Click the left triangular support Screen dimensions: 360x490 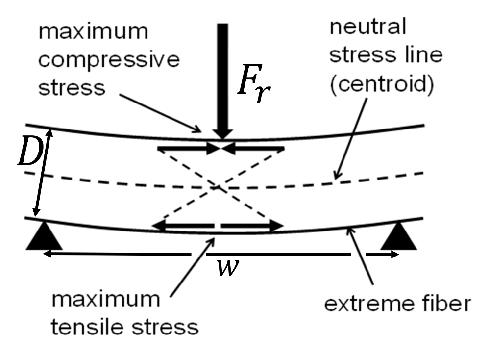tap(45, 236)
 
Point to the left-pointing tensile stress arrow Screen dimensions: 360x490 tap(184, 226)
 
